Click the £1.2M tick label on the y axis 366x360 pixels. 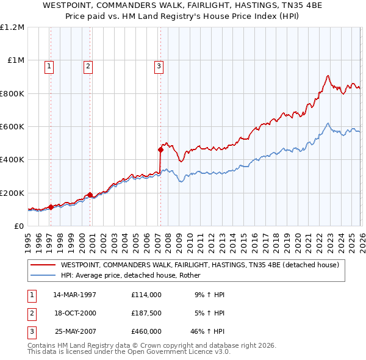click(x=12, y=27)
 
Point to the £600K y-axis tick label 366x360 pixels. click(x=12, y=127)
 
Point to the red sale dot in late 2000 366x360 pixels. click(x=90, y=195)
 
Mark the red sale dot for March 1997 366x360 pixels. click(x=51, y=207)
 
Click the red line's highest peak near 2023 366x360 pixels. click(x=328, y=76)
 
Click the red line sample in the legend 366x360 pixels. click(x=43, y=265)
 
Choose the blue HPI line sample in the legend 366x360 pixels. click(x=43, y=275)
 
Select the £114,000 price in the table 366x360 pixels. click(x=146, y=294)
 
